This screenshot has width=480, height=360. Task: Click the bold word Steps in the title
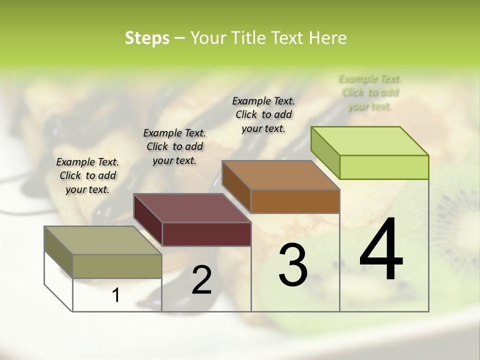(147, 38)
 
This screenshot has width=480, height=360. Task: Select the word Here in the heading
(328, 38)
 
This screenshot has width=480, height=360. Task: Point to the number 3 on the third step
(292, 264)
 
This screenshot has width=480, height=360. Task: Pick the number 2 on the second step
(202, 280)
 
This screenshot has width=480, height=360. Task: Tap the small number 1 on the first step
(116, 295)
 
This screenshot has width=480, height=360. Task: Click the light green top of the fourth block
(370, 141)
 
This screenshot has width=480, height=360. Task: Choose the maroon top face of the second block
(192, 208)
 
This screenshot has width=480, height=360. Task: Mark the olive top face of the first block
(103, 240)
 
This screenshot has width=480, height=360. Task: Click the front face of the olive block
(117, 266)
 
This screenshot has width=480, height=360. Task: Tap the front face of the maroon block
(206, 234)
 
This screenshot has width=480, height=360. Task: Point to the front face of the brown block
(295, 201)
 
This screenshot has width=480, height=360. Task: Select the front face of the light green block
(384, 167)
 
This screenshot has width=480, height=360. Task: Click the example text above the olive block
(87, 175)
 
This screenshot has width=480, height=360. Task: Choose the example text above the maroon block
(174, 146)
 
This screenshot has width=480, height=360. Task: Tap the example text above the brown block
(263, 114)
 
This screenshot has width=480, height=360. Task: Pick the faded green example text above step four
(370, 92)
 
